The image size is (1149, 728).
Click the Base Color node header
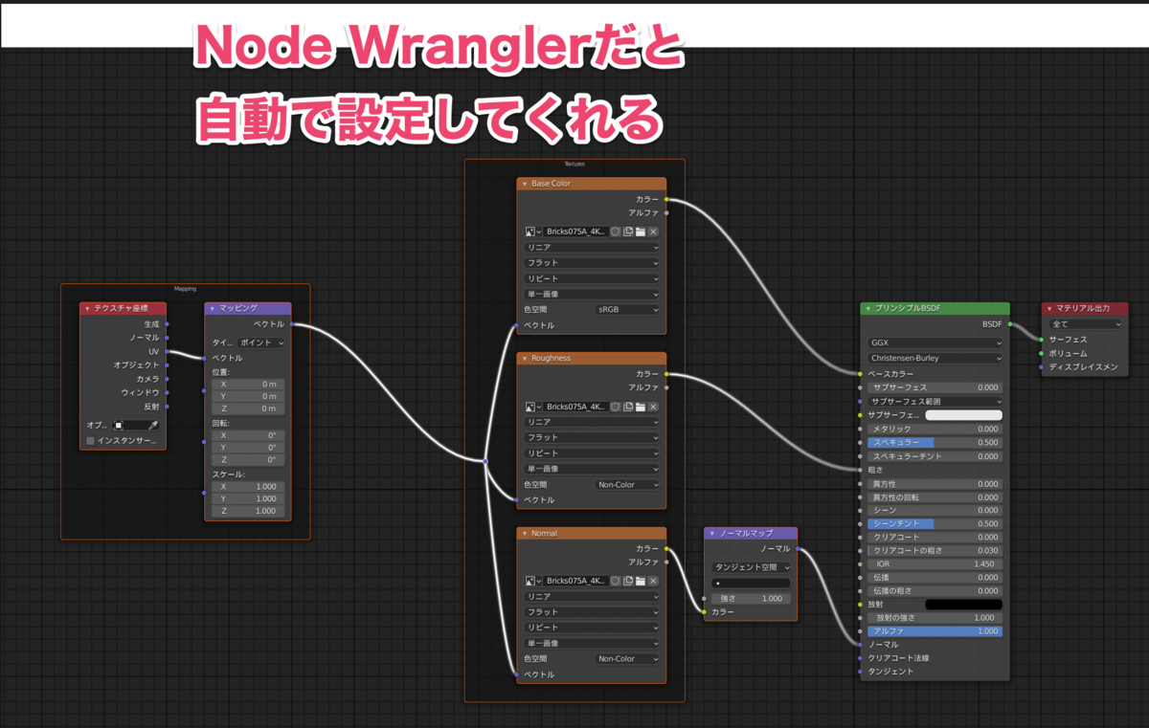click(x=591, y=183)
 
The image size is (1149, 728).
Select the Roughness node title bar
click(x=591, y=358)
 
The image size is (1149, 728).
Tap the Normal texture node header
click(x=591, y=533)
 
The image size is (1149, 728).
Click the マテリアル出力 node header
click(x=1085, y=308)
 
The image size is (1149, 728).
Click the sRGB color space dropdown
click(x=627, y=310)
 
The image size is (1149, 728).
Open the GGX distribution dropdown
click(x=935, y=342)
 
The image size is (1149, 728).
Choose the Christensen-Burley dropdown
click(x=935, y=359)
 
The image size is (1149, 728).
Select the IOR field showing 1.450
click(x=935, y=564)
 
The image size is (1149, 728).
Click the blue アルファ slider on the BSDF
click(x=935, y=631)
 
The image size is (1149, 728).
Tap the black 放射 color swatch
click(x=963, y=605)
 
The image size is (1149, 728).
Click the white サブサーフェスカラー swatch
click(x=963, y=415)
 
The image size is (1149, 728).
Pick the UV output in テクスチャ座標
click(x=153, y=351)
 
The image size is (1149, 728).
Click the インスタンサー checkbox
click(x=90, y=441)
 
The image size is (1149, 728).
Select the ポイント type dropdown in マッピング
click(x=261, y=342)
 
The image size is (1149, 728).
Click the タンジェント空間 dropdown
click(x=751, y=567)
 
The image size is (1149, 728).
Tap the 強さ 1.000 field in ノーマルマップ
click(x=751, y=599)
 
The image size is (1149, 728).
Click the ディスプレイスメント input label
click(x=1083, y=367)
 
